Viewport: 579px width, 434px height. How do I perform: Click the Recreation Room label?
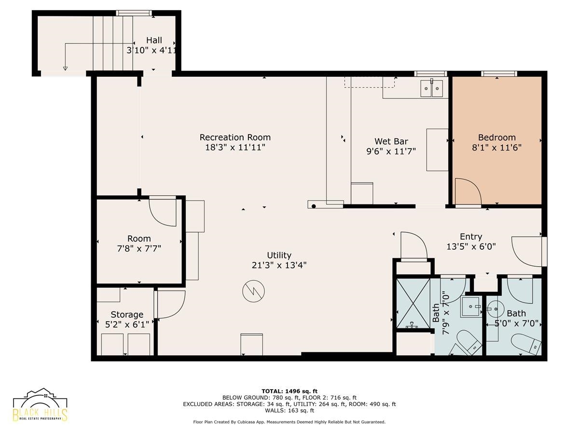235,137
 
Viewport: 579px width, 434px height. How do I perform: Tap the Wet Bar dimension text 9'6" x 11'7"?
391,151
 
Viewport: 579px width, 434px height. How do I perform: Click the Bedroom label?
496,137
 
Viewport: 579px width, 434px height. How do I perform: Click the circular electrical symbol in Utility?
253,291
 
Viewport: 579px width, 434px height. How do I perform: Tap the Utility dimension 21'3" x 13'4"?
279,265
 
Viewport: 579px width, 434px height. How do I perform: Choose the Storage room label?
127,314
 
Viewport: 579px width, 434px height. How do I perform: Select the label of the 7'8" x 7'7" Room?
139,239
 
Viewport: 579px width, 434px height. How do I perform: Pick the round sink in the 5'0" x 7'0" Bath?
496,309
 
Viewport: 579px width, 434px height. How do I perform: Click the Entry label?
471,237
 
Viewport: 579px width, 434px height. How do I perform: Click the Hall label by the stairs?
154,41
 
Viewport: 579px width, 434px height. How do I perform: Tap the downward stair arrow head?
65,68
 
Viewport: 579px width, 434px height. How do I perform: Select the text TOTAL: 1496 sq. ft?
289,391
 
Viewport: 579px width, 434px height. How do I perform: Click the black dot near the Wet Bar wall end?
314,206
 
